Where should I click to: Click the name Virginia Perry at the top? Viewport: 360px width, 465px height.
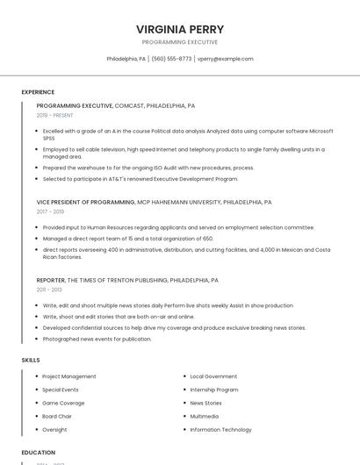coord(180,29)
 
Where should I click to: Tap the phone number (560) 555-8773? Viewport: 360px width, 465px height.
coord(171,59)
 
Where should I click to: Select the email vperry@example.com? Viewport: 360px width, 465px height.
coord(225,59)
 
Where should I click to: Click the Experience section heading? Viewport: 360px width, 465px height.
coord(38,92)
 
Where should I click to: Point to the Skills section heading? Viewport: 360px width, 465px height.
coord(31,360)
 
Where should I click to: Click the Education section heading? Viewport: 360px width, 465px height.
coord(39,453)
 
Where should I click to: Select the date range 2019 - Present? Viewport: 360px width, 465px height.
coord(55,115)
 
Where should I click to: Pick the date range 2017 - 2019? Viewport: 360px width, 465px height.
coord(50,211)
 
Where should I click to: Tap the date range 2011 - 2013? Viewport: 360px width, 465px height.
coord(49,290)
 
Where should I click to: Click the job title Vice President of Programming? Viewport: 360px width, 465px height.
coord(86,202)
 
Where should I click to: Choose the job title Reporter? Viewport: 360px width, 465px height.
coord(51,280)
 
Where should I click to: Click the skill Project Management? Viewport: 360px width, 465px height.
coord(69,376)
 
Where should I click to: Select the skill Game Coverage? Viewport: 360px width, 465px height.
coord(63,403)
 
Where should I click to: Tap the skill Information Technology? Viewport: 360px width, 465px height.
coord(221,430)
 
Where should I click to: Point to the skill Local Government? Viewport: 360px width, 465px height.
coord(213,376)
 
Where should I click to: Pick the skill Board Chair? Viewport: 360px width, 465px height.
coord(57,417)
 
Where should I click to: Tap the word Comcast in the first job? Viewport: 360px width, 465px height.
coord(129,105)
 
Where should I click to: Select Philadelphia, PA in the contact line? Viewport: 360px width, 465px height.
coord(126,59)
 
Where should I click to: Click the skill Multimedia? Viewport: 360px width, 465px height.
coord(205,417)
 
